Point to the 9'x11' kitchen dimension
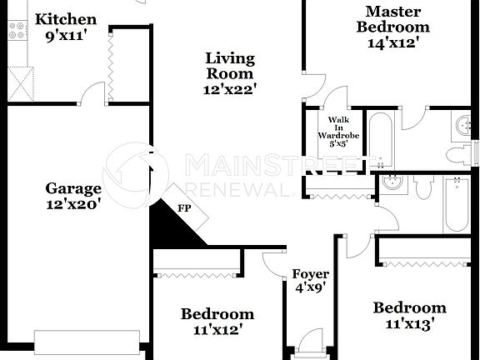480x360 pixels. [66, 35]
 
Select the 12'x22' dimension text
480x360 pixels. [231, 87]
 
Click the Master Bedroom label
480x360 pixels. [393, 18]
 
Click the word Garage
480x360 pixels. [73, 188]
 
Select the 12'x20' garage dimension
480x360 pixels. [73, 203]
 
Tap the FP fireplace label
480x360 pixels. [184, 208]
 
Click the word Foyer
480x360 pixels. [310, 273]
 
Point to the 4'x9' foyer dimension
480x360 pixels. [310, 287]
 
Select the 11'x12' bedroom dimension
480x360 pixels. [217, 329]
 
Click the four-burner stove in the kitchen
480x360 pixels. [16, 31]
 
